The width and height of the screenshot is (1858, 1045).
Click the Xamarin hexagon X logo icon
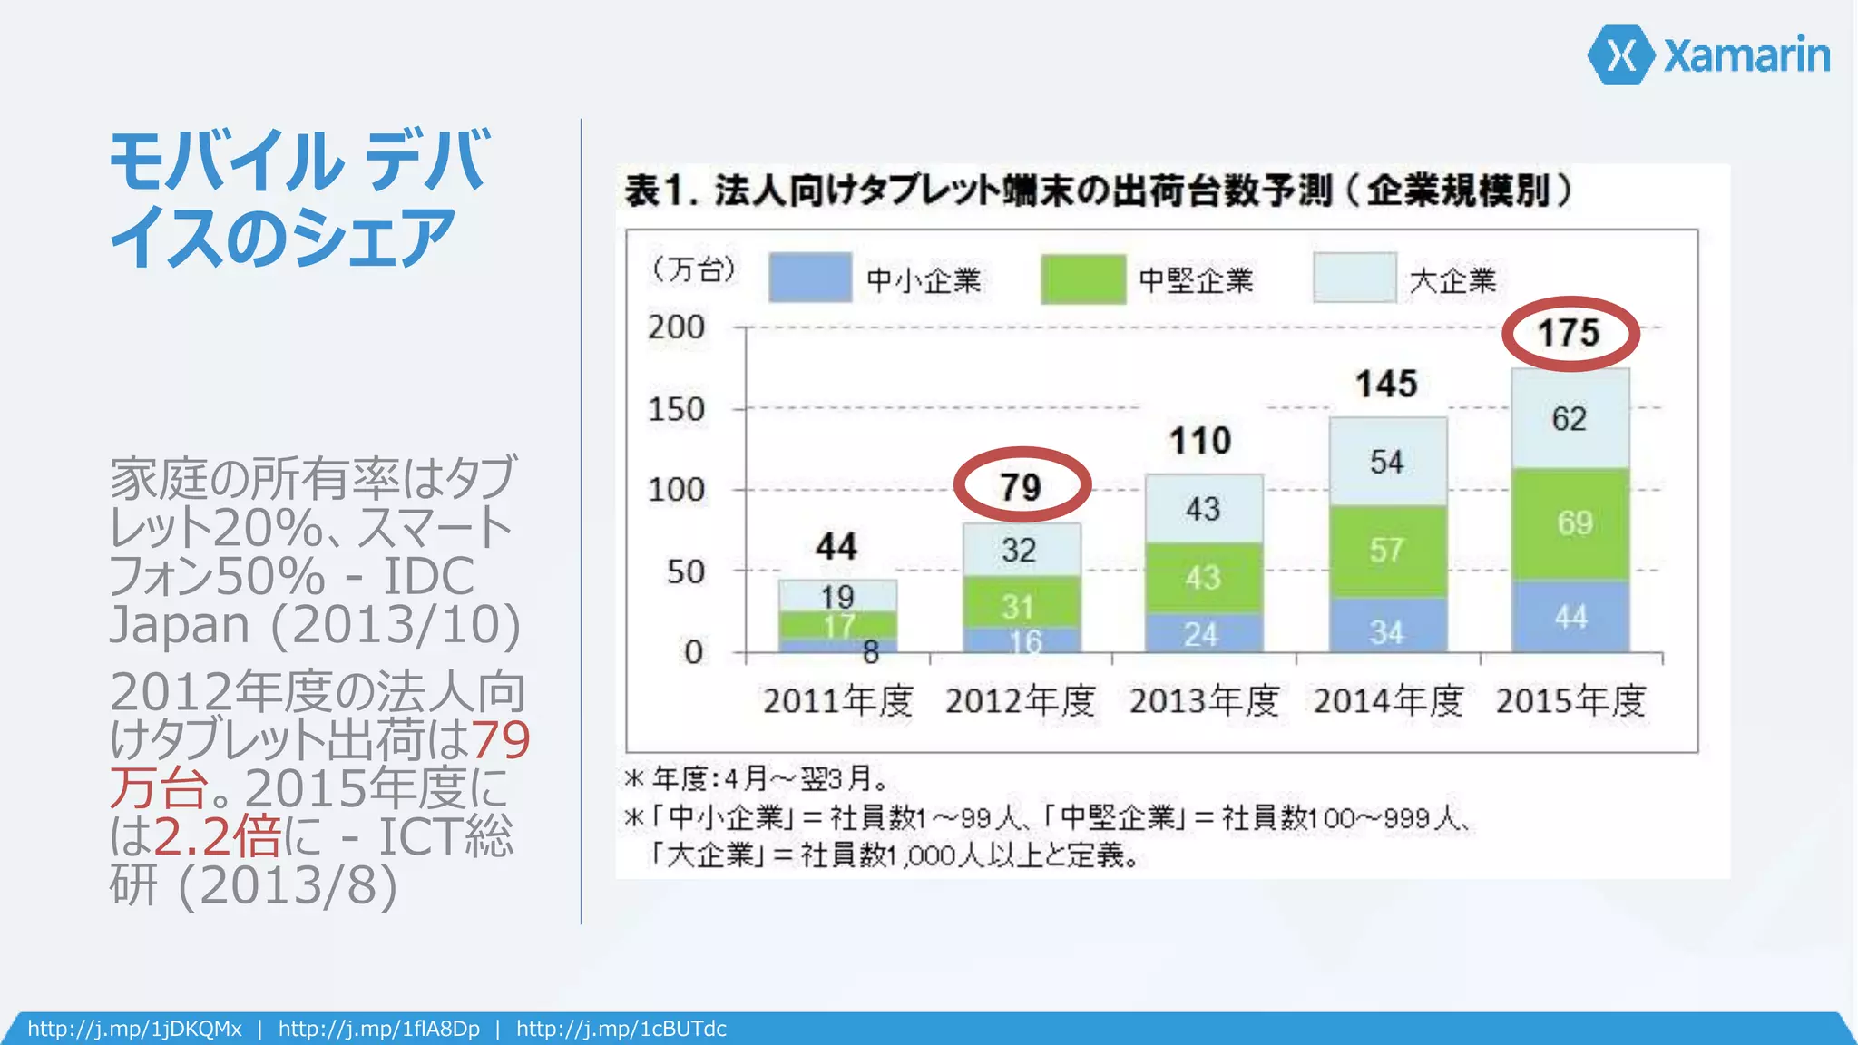[x=1622, y=55]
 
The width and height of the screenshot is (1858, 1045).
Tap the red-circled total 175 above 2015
[x=1570, y=333]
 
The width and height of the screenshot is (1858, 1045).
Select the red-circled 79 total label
[x=1022, y=486]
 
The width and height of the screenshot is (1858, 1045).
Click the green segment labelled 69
[x=1570, y=523]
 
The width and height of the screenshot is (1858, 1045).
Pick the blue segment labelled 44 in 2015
[x=1570, y=617]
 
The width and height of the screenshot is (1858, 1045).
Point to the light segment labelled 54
[x=1387, y=462]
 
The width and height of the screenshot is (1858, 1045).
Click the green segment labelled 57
[x=1387, y=550]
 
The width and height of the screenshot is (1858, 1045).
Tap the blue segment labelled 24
[x=1202, y=633]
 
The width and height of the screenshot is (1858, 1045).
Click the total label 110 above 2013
[x=1200, y=441]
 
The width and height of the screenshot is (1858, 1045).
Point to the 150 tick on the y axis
[x=676, y=409]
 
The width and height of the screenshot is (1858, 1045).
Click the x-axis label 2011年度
[x=837, y=701]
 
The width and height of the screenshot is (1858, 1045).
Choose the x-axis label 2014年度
[x=1388, y=701]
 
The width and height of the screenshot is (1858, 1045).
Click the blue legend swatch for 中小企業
[x=809, y=278]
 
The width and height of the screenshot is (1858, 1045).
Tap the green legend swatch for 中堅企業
[x=1083, y=278]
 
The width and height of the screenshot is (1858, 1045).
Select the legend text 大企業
[x=1452, y=280]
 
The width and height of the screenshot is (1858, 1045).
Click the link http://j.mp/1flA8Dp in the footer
[x=379, y=1029]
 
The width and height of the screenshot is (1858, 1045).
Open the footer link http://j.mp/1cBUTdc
[x=621, y=1029]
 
